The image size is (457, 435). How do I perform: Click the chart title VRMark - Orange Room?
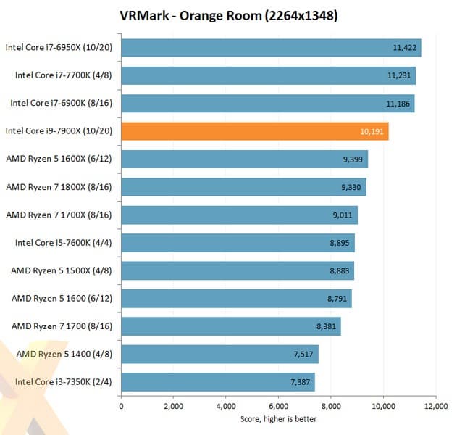tap(228, 15)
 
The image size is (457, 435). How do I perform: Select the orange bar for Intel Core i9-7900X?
tap(254, 131)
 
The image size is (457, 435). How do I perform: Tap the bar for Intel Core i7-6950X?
tap(270, 48)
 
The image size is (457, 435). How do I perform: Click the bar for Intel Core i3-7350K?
tap(217, 381)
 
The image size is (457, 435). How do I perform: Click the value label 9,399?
tap(353, 159)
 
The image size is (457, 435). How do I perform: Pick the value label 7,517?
tap(304, 354)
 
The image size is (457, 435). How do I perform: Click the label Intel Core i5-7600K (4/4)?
tap(63, 243)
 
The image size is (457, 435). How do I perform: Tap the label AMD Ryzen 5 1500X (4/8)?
tap(63, 270)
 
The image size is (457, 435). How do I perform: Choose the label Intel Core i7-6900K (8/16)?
tap(63, 104)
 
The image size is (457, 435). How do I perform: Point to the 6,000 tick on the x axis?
tap(278, 407)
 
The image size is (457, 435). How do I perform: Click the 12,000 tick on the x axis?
tap(435, 407)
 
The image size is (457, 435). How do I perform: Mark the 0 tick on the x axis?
tap(121, 407)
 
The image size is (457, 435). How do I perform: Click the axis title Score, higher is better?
tap(278, 419)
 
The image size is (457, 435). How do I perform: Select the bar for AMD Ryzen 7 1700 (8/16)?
tap(230, 326)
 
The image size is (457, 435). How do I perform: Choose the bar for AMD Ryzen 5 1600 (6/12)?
tap(235, 298)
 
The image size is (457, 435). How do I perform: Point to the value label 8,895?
tap(340, 243)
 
